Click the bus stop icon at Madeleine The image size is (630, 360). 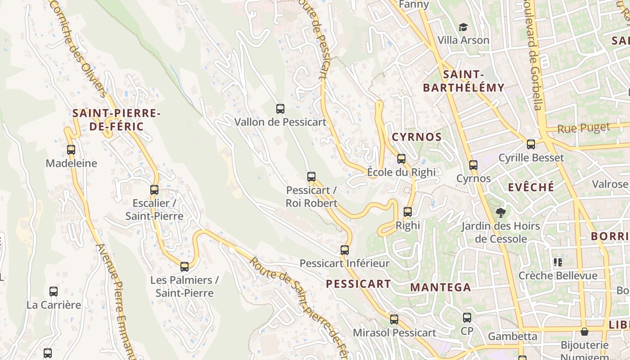71,150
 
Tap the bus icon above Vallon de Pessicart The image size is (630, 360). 280,108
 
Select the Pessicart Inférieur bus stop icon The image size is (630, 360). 344,250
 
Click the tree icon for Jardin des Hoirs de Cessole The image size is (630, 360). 500,212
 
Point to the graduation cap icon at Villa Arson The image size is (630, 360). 463,27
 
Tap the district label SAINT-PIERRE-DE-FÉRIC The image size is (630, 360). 116,120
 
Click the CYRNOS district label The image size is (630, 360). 417,137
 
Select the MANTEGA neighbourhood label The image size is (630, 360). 441,287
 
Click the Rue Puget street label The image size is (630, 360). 583,128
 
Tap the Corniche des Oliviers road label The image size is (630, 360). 80,49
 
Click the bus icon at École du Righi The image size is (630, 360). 401,159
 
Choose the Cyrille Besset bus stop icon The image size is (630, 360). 531,144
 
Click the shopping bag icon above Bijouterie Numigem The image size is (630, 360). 584,332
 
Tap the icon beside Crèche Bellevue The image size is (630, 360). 558,262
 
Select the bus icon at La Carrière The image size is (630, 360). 54,292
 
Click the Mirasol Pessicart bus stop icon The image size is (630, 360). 394,319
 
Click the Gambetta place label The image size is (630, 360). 513,336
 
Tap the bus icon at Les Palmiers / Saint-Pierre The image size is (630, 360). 184,267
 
